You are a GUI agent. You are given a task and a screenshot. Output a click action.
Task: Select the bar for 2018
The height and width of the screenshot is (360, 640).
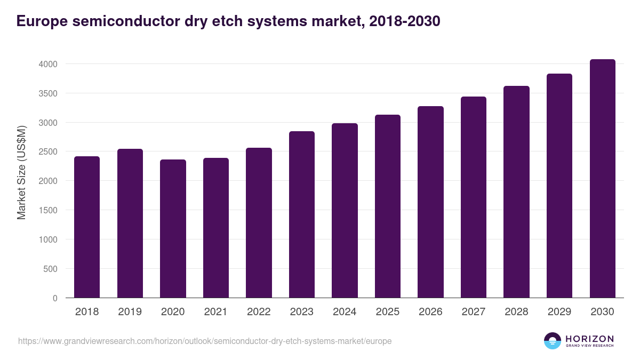tap(87, 227)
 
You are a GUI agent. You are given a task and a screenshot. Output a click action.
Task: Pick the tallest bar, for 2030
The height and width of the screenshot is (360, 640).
tap(603, 179)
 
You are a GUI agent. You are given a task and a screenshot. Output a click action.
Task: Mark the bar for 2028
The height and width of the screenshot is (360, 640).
tap(516, 191)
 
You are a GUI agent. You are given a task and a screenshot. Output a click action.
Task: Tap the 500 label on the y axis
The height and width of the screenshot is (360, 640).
tap(51, 269)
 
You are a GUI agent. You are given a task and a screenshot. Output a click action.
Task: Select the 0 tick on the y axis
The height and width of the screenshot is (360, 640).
tap(54, 298)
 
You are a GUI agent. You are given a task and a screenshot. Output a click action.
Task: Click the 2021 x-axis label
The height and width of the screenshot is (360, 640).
tap(216, 312)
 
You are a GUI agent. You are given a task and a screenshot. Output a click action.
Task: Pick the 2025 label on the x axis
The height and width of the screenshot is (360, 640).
tap(388, 312)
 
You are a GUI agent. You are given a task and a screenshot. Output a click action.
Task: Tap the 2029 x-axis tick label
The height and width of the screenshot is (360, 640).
tap(559, 312)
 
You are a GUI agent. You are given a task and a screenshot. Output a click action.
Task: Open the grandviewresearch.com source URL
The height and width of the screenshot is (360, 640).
tap(205, 341)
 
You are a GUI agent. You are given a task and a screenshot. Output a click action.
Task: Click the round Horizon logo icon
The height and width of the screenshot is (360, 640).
tap(553, 341)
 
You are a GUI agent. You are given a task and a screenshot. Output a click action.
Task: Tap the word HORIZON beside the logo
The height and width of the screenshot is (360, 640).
tap(589, 338)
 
